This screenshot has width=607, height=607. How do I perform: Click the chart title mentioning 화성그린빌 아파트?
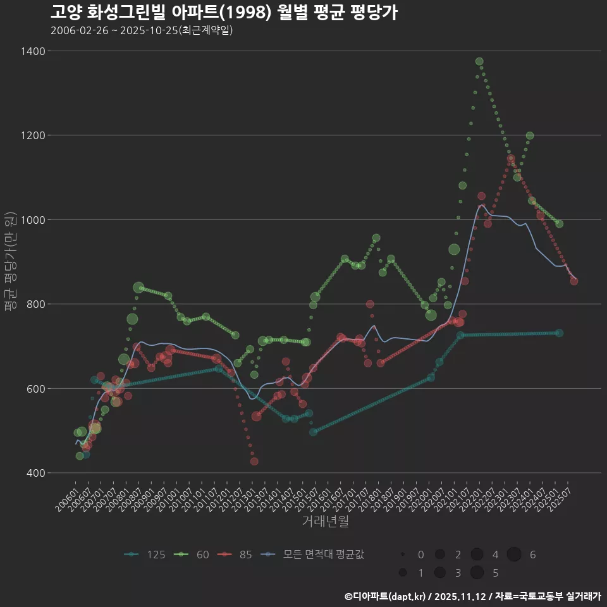(x=224, y=12)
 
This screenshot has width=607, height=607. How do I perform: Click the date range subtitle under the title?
(x=142, y=30)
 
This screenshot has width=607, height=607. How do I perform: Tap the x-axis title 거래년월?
(x=325, y=522)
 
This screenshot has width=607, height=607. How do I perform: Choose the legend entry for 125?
(x=145, y=555)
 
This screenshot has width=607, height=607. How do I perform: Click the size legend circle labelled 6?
(x=514, y=555)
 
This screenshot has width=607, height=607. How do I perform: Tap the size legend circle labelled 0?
(x=402, y=555)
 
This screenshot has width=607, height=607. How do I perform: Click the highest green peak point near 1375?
(x=479, y=61)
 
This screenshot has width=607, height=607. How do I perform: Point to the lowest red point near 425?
(x=254, y=462)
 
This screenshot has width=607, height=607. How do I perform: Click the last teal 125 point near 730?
(x=559, y=333)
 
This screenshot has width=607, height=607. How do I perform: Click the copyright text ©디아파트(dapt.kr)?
(x=385, y=596)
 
